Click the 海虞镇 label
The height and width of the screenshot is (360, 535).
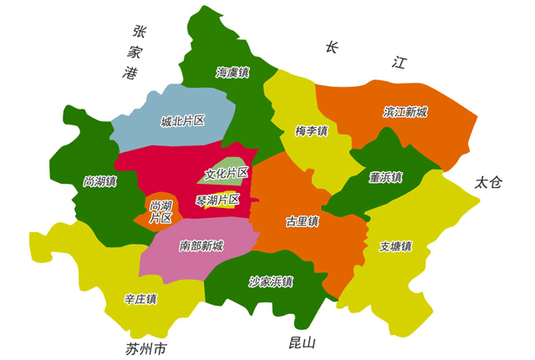click(232, 73)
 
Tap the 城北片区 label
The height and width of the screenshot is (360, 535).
click(182, 121)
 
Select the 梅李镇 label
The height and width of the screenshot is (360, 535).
click(312, 131)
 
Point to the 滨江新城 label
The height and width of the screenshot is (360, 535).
click(405, 111)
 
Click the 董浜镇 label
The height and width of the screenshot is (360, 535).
click(385, 177)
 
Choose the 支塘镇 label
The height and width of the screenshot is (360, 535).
click(395, 246)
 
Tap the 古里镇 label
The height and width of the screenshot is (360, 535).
click(302, 221)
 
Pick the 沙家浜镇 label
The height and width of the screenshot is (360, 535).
click(271, 281)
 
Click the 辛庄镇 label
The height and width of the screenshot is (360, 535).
click(140, 298)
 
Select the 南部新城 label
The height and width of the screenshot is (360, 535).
click(201, 246)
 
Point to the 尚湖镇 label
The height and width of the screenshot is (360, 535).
click(100, 180)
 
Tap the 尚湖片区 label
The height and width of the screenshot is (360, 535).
click(161, 211)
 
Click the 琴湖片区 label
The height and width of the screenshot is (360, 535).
click(217, 200)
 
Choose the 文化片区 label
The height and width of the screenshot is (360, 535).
click(227, 174)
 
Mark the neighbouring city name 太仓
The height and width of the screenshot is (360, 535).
click(488, 183)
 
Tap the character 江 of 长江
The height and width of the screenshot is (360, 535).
click(399, 63)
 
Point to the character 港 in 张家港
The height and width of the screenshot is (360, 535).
click(130, 74)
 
